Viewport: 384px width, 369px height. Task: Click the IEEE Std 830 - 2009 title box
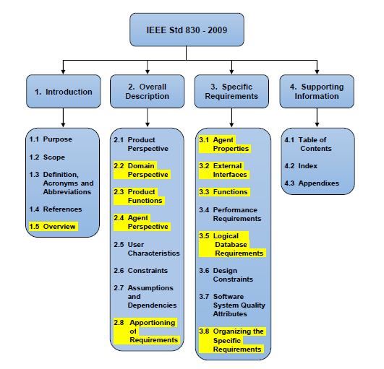pos(187,30)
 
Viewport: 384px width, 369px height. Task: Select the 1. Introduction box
pos(64,92)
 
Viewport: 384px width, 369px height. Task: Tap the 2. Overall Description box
pos(148,92)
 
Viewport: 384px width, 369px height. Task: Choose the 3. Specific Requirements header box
pos(231,92)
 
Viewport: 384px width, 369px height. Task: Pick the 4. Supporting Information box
pos(317,92)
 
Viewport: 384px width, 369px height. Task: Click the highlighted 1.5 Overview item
pos(54,227)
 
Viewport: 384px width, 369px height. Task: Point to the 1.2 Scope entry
pos(47,157)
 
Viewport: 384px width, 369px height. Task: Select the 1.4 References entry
pos(56,209)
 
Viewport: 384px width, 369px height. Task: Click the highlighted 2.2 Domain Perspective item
pos(142,170)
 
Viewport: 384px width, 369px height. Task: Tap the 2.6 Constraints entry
pos(140,271)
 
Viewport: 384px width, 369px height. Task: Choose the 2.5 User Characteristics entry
pos(147,248)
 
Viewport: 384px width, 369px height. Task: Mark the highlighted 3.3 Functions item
pos(224,192)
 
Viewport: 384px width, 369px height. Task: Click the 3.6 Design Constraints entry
pos(226,275)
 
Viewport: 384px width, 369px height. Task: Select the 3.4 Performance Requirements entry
pos(230,214)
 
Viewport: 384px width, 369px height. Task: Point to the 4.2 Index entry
pos(301,166)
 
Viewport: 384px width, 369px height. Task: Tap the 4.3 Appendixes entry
pos(312,183)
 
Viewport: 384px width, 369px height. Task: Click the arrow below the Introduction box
pos(63,118)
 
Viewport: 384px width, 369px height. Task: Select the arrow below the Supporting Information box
pos(317,118)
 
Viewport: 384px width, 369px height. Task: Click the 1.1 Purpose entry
pos(51,139)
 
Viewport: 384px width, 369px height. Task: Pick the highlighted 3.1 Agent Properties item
pos(225,144)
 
